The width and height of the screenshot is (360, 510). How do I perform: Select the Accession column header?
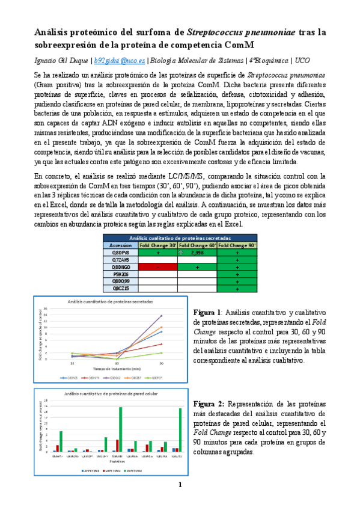[x=120, y=245]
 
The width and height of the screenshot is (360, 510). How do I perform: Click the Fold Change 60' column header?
[x=197, y=245]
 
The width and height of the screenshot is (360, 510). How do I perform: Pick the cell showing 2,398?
[x=197, y=253]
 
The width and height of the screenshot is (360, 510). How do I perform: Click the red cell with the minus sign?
[x=157, y=267]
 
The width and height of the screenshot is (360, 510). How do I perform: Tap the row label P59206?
[x=120, y=274]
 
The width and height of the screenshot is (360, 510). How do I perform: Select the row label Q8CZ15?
[x=120, y=289]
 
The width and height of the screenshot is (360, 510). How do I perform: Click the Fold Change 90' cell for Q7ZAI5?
[x=237, y=260]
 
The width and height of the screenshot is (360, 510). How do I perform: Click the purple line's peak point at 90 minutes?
[x=161, y=316]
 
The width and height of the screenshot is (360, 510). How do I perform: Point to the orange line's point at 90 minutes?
[x=161, y=327]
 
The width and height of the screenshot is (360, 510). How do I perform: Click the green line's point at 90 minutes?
[x=161, y=353]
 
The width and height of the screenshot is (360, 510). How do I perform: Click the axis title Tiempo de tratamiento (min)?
[x=117, y=369]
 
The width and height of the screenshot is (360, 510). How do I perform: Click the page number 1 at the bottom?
[x=179, y=485]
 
